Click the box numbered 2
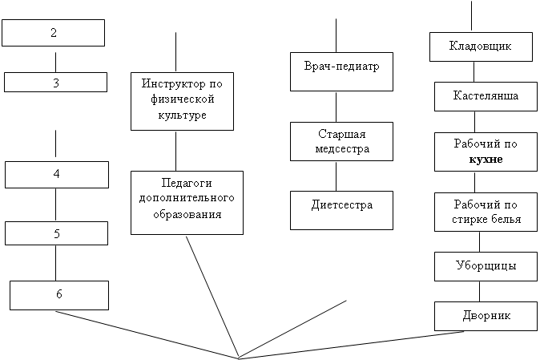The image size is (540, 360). (x=54, y=33)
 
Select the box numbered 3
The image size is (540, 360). (x=55, y=82)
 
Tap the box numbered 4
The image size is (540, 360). (x=57, y=175)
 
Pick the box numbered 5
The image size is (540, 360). (x=56, y=233)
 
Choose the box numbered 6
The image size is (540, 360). (x=59, y=295)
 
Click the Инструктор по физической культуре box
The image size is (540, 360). (x=182, y=101)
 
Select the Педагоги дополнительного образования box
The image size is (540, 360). (x=187, y=203)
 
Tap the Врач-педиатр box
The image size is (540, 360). (x=341, y=71)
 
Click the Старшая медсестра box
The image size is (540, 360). (x=341, y=141)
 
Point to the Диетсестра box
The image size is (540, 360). (x=341, y=210)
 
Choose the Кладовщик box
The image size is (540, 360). (x=481, y=47)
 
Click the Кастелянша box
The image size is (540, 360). (x=486, y=96)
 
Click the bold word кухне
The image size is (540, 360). (x=486, y=160)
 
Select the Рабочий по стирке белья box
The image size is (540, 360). (x=486, y=212)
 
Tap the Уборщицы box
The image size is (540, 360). (x=486, y=266)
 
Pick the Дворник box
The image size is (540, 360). (x=486, y=316)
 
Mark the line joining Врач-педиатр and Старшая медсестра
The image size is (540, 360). (x=336, y=107)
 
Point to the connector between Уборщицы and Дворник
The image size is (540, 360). (x=479, y=291)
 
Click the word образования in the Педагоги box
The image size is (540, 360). (x=187, y=214)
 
